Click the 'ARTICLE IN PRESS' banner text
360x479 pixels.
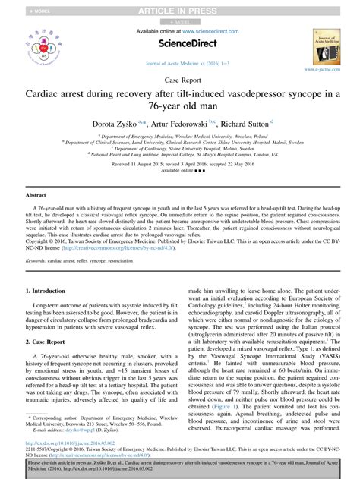click(180, 9)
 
